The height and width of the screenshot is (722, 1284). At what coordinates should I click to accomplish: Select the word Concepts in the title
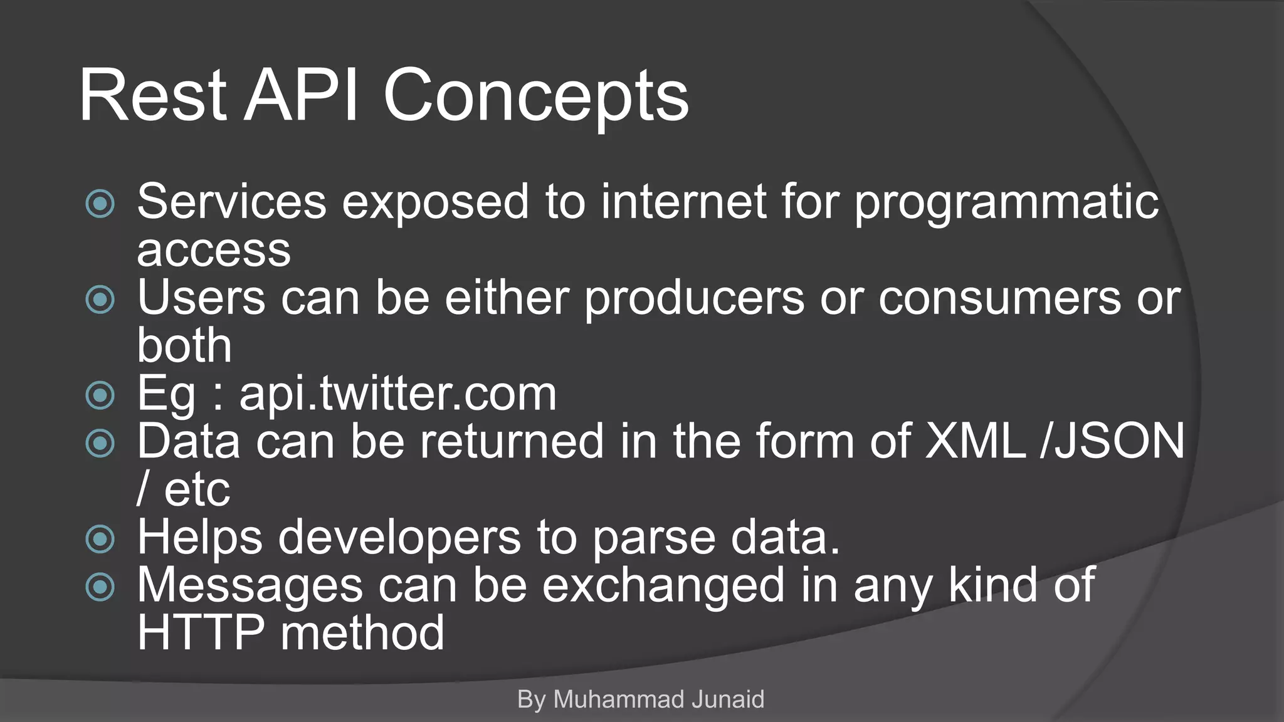point(536,97)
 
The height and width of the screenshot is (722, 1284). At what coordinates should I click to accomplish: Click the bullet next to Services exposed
point(100,204)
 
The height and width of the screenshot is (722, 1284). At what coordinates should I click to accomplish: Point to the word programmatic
point(1006,204)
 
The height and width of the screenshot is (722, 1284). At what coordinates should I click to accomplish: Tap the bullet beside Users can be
point(100,300)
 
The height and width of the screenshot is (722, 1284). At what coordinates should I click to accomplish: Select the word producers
point(694,298)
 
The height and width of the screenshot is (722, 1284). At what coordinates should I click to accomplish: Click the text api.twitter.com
point(397,394)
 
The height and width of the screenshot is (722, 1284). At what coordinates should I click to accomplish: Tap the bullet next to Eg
point(100,395)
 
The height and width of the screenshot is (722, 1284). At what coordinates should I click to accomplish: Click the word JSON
point(1119,441)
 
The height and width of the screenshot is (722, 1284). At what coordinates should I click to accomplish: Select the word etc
point(197,489)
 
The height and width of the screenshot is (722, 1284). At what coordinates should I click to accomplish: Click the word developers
point(399,538)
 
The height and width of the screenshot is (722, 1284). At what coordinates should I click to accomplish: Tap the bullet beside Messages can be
point(100,587)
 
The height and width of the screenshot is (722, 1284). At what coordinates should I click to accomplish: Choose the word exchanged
point(663,585)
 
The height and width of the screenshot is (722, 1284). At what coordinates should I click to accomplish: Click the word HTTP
point(201,633)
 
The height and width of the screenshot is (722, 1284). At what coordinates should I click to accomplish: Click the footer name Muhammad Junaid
point(658,699)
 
